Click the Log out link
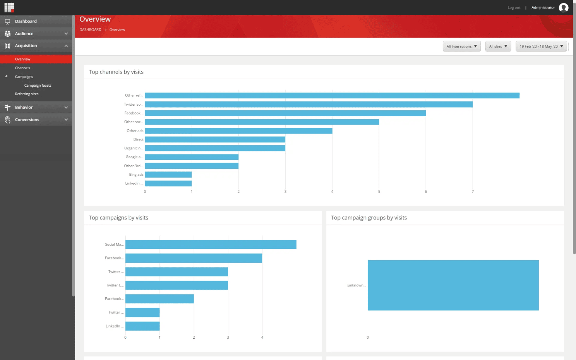coord(514,7)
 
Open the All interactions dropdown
coord(461,46)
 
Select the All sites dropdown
coord(498,46)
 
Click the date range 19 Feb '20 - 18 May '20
coord(541,46)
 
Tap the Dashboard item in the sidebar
coord(26,21)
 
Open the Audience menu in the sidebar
coord(24,34)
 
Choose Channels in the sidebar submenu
coord(22,68)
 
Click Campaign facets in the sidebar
coord(38,86)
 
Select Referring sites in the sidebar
coord(27,94)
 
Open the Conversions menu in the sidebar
coord(27,120)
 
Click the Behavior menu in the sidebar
coord(24,107)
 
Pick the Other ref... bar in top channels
coord(332,96)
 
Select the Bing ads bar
coord(168,175)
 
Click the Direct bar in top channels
coord(215,139)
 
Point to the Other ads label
coord(135,131)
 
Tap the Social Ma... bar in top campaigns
coord(211,245)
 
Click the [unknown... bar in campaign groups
coord(453,285)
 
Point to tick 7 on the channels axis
coord(473,192)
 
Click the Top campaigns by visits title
coord(118,218)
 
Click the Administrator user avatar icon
coord(564,7)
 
